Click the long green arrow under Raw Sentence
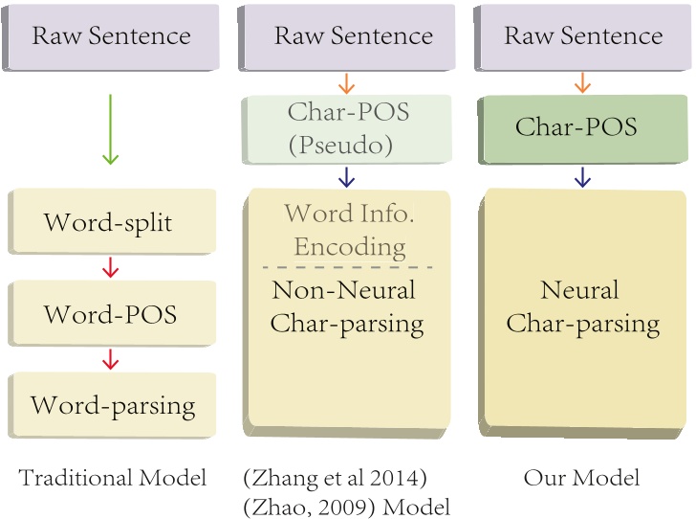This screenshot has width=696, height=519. pyautogui.click(x=110, y=129)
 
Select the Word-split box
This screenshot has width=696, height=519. pyautogui.click(x=112, y=221)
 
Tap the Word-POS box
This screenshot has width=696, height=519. pyautogui.click(x=112, y=313)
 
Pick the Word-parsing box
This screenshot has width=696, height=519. pyautogui.click(x=112, y=405)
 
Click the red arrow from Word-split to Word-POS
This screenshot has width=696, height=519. pyautogui.click(x=110, y=268)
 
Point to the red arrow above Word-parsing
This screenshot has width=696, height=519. pyautogui.click(x=110, y=359)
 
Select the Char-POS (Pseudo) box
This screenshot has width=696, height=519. pyautogui.click(x=347, y=129)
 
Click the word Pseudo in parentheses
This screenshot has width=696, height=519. pyautogui.click(x=341, y=145)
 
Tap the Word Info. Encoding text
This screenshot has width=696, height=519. pyautogui.click(x=350, y=230)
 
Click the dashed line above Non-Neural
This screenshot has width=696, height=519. pyautogui.click(x=348, y=267)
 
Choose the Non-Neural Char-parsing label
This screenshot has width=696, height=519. pyautogui.click(x=347, y=307)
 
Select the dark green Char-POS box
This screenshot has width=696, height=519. pyautogui.click(x=583, y=129)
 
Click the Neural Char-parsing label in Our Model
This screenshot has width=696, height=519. pyautogui.click(x=583, y=307)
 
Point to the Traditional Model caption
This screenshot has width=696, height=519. pyautogui.click(x=112, y=478)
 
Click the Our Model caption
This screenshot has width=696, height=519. pyautogui.click(x=581, y=478)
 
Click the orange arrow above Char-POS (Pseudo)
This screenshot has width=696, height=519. pyautogui.click(x=346, y=83)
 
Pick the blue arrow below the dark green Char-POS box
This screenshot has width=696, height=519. pyautogui.click(x=582, y=177)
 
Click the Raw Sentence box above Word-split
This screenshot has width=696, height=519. pyautogui.click(x=111, y=37)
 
